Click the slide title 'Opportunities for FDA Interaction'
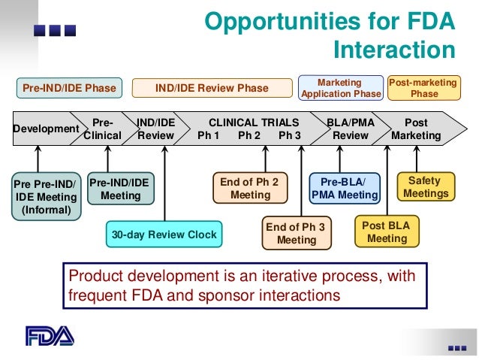pyautogui.click(x=330, y=35)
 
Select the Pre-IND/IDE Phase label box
pyautogui.click(x=69, y=88)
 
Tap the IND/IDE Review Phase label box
pyautogui.click(x=212, y=88)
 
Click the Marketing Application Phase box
pyautogui.click(x=340, y=88)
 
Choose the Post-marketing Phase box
pyautogui.click(x=424, y=88)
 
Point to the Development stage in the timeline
pyautogui.click(x=46, y=129)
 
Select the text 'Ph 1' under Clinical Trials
pyautogui.click(x=208, y=136)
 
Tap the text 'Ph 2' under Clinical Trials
pyautogui.click(x=249, y=136)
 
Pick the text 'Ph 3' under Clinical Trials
pyautogui.click(x=290, y=136)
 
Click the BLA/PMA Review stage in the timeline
pyautogui.click(x=351, y=129)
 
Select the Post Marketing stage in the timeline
pyautogui.click(x=416, y=129)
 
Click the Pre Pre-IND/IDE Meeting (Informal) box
pyautogui.click(x=46, y=196)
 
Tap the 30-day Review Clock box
pyautogui.click(x=164, y=234)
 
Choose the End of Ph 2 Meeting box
pyautogui.click(x=250, y=188)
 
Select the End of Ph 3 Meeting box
pyautogui.click(x=297, y=233)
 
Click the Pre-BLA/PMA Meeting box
pyautogui.click(x=345, y=188)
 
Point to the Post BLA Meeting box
pyautogui.click(x=387, y=232)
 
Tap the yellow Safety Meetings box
pyautogui.click(x=426, y=187)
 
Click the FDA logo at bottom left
pyautogui.click(x=50, y=335)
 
